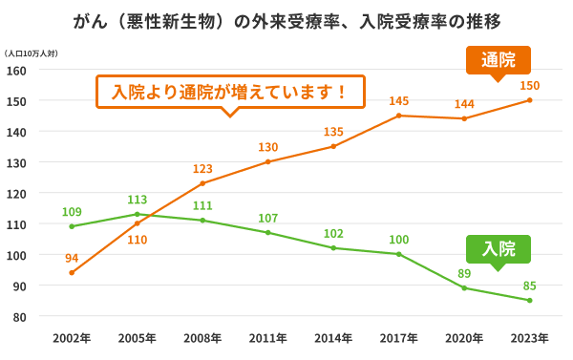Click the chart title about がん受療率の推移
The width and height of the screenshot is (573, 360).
pyautogui.click(x=286, y=21)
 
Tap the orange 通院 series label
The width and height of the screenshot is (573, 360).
pyautogui.click(x=498, y=60)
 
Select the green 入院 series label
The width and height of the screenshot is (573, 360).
pyautogui.click(x=498, y=249)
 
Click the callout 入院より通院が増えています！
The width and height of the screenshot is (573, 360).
pyautogui.click(x=229, y=93)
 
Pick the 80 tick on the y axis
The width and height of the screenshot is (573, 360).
pyautogui.click(x=19, y=316)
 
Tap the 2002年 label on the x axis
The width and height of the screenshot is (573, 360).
pyautogui.click(x=72, y=338)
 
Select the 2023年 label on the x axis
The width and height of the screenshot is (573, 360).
pyautogui.click(x=529, y=338)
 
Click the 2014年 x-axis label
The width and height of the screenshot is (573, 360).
pyautogui.click(x=333, y=338)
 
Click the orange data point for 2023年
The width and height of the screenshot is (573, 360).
pyautogui.click(x=529, y=100)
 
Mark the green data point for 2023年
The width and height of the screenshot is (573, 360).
pyautogui.click(x=529, y=300)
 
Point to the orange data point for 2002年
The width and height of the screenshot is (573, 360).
pyautogui.click(x=72, y=272)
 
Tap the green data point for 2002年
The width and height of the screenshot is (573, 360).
pyautogui.click(x=72, y=226)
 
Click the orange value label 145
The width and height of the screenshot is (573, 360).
pyautogui.click(x=399, y=100)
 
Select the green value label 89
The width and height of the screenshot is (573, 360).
pyautogui.click(x=464, y=272)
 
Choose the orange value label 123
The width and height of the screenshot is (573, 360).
pyautogui.click(x=202, y=168)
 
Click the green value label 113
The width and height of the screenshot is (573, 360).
pyautogui.click(x=137, y=200)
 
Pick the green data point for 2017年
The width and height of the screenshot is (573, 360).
pyautogui.click(x=398, y=254)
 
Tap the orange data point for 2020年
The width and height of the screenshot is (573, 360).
pyautogui.click(x=464, y=118)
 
